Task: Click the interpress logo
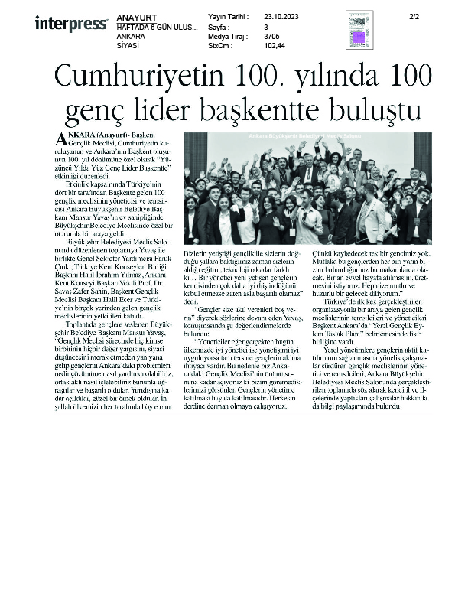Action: (x=71, y=24)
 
